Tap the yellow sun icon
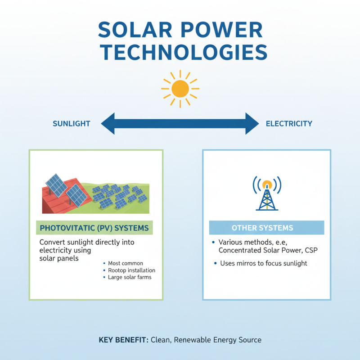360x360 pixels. tap(180, 89)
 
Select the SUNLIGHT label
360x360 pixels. tap(72, 124)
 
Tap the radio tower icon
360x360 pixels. tap(267, 194)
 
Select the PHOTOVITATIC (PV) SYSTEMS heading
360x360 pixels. tap(94, 228)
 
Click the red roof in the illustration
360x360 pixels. tap(56, 198)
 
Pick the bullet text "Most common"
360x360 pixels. tap(126, 263)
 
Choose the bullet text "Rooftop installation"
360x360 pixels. tap(131, 270)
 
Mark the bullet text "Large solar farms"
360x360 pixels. tap(130, 277)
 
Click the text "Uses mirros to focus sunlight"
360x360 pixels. tap(263, 263)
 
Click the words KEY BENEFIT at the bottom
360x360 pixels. tap(122, 340)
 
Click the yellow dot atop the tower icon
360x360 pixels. tap(267, 184)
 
